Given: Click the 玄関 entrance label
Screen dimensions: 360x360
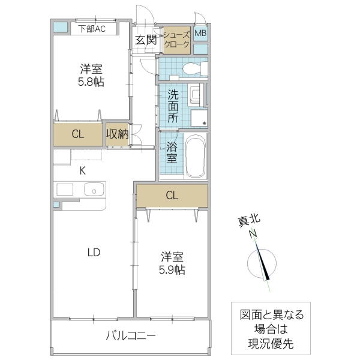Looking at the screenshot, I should point(145,40).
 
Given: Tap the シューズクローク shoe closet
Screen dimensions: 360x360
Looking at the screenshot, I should point(176,40).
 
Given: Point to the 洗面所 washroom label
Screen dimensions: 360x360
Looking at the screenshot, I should point(173,106).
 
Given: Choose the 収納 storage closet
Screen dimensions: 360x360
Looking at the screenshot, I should point(118,134).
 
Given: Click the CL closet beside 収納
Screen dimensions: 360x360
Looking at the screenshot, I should point(78,134).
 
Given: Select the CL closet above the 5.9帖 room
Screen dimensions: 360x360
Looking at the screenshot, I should point(172,195).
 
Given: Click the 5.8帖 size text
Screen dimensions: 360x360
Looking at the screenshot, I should point(91,82).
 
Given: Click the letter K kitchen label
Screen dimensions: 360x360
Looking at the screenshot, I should point(83,170).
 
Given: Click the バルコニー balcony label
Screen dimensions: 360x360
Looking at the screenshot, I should point(131,336).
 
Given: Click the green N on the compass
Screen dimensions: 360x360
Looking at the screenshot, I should point(253,233).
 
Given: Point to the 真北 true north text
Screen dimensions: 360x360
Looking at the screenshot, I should point(247,221).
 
